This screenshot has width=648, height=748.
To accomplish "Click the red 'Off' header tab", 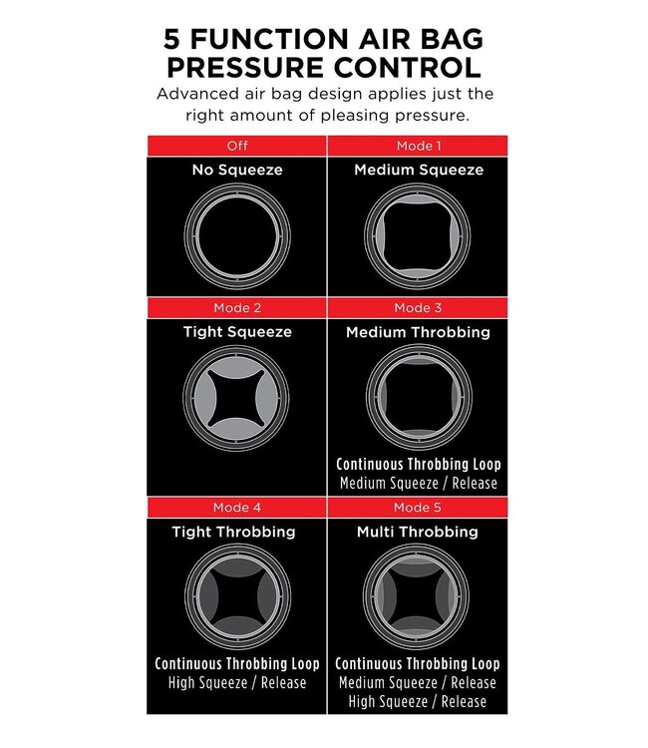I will pos(237,146).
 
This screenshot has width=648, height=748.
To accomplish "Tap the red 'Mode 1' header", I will pos(419,146).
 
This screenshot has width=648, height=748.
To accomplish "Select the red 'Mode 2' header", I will pos(237,308).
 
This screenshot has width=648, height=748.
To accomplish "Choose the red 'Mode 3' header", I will pos(419,308).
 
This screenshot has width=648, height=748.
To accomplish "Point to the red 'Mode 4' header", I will pos(237,509).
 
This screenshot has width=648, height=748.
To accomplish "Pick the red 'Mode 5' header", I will pos(419,509).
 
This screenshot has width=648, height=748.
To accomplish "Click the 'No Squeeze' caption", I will pos(237,171).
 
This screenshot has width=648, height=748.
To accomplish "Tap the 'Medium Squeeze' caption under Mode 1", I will pos(419,171).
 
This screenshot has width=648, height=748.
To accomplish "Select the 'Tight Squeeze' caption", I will pos(237,332).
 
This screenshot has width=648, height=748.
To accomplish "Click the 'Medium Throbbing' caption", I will pos(419,332).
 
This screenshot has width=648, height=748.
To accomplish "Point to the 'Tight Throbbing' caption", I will pos(237,533).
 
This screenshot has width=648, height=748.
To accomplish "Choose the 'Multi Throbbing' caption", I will pos(419,533).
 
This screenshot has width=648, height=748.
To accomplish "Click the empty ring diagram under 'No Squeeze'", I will pos(237,232).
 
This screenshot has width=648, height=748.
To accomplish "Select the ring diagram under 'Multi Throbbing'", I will pos(419,595).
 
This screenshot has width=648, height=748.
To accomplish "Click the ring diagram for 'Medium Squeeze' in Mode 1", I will pos(419,232).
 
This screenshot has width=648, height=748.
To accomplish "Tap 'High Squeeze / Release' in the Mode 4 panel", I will pos(237,683).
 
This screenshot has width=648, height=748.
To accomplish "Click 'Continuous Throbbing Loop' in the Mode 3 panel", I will pos(419,465).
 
